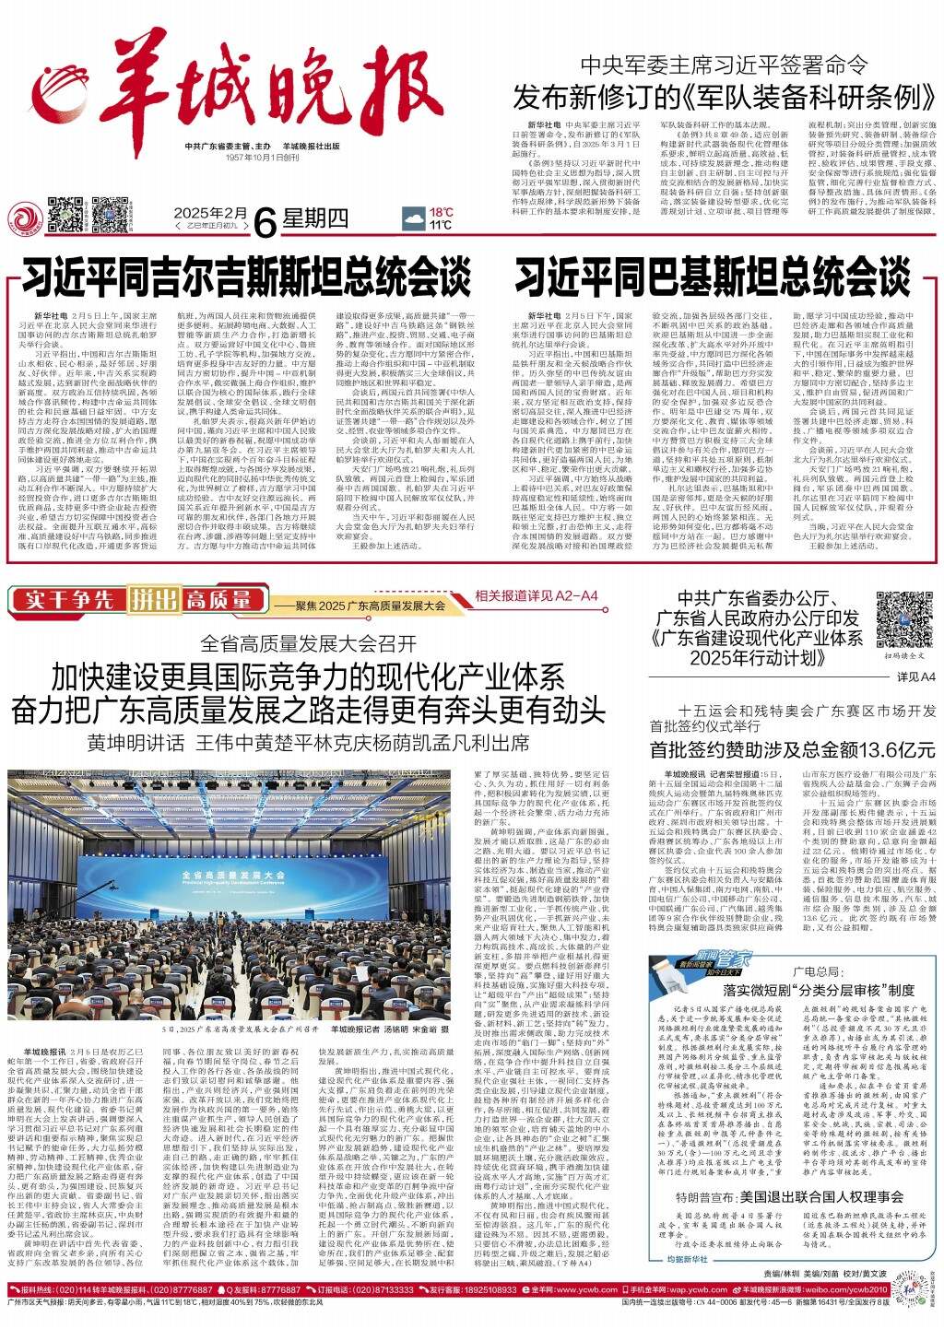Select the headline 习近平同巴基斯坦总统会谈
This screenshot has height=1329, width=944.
pyautogui.click(x=712, y=276)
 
